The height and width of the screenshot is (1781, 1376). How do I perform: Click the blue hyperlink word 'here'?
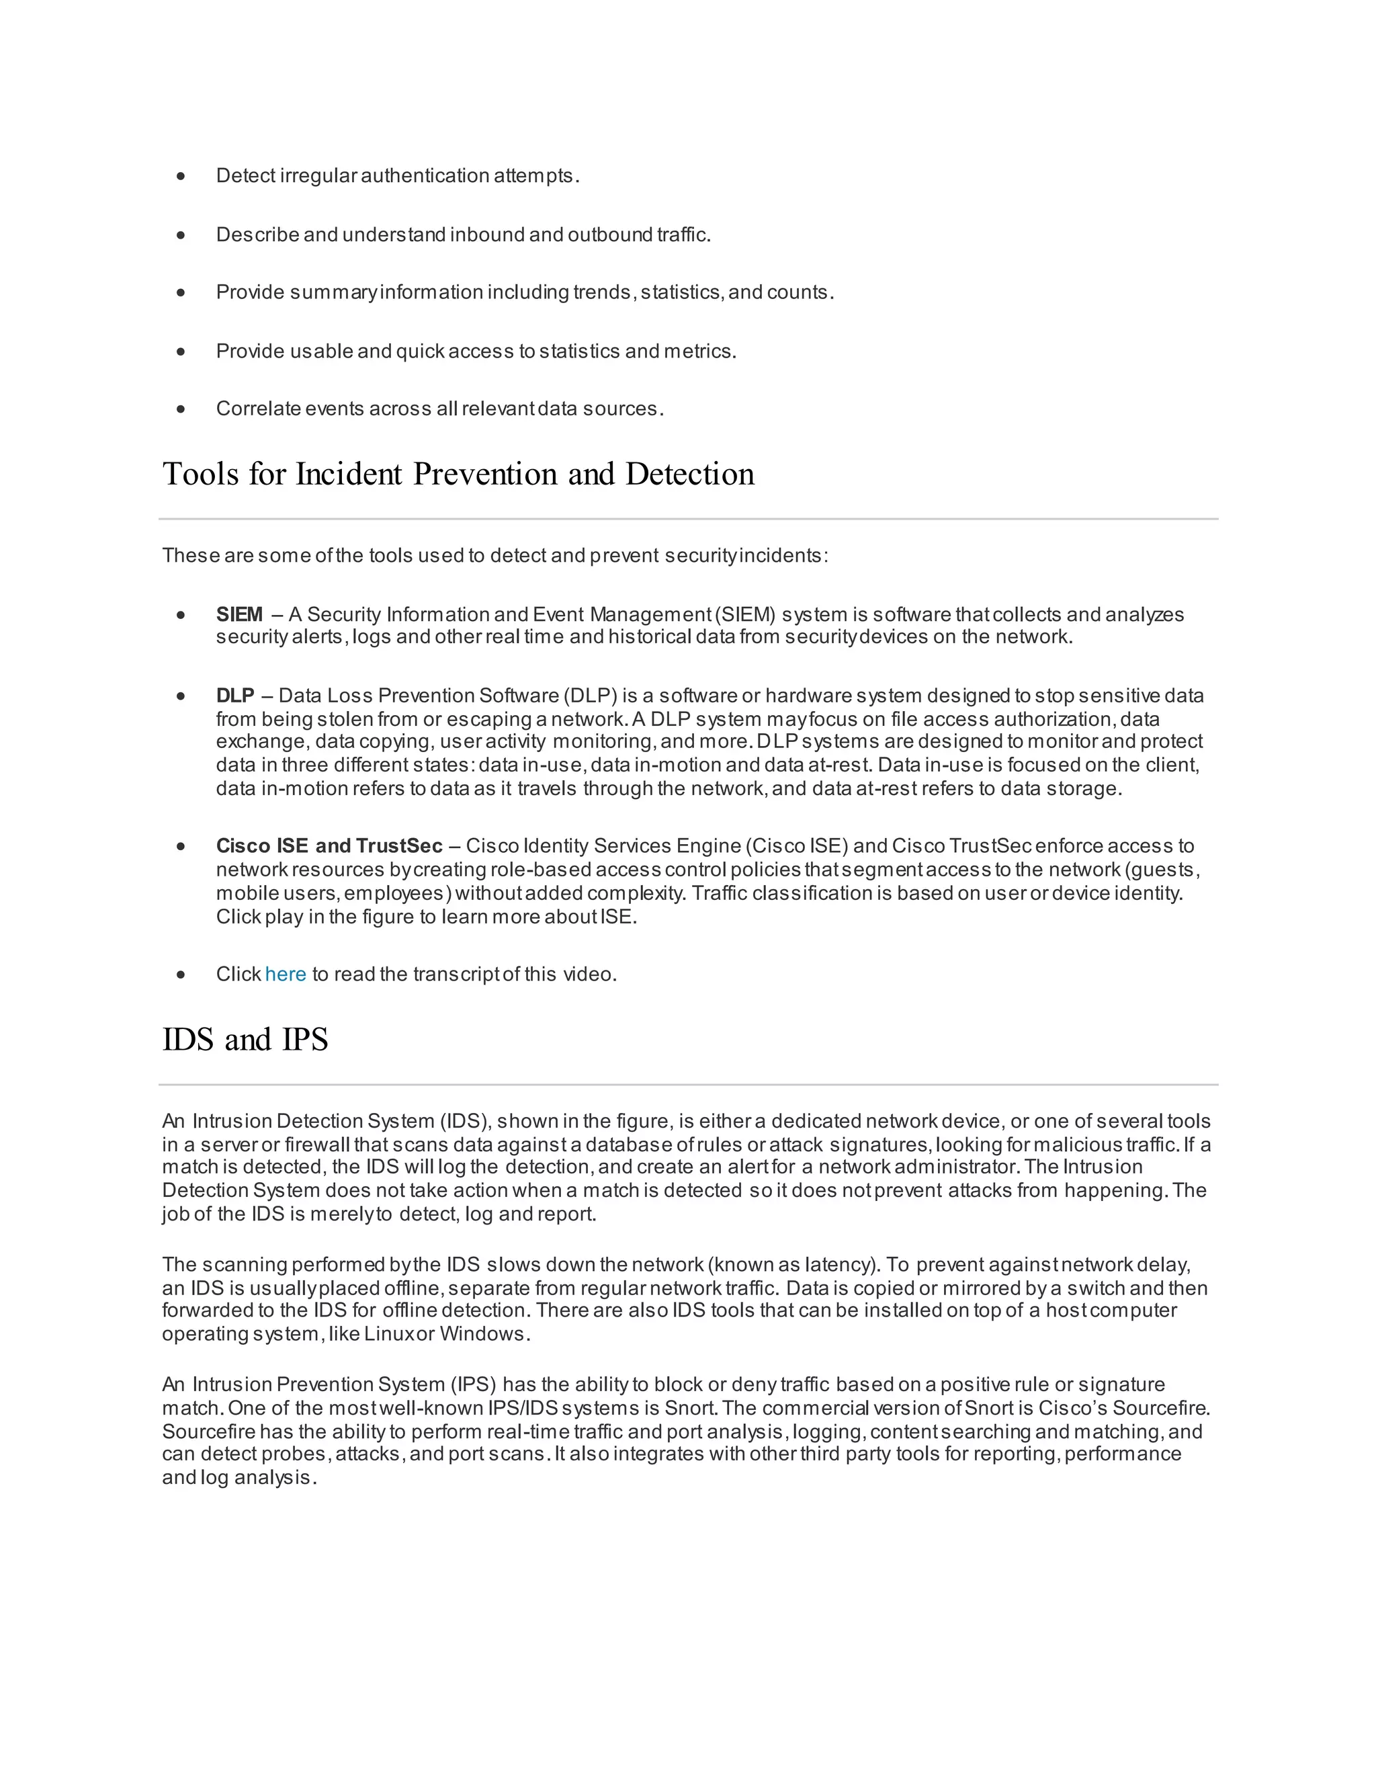(286, 975)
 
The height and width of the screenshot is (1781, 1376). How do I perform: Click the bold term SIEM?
(239, 615)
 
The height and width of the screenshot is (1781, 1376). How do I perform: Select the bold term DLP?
(234, 696)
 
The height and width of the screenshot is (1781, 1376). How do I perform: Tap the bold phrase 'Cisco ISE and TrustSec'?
(329, 845)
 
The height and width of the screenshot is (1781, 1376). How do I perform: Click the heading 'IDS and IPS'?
(245, 1040)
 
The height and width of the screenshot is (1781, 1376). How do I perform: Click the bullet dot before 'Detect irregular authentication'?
(181, 176)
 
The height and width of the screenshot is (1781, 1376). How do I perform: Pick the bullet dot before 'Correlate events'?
(181, 409)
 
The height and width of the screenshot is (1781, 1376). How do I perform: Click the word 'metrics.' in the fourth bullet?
(699, 351)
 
